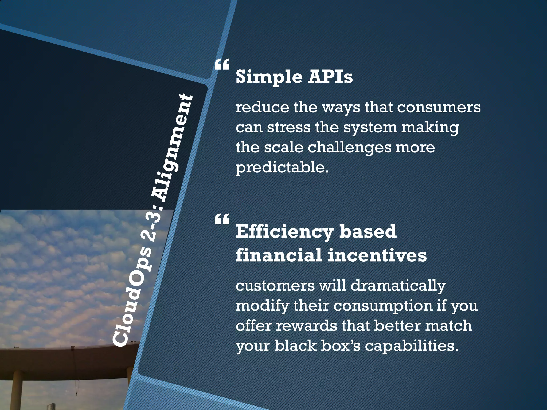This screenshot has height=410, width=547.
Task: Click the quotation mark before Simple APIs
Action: tap(222, 65)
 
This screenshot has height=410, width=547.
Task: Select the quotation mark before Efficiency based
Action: tap(222, 219)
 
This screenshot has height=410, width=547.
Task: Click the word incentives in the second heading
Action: tap(377, 255)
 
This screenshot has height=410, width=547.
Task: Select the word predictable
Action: tap(282, 168)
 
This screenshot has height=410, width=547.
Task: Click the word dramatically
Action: tap(398, 286)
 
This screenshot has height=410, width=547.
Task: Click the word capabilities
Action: tap(411, 346)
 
